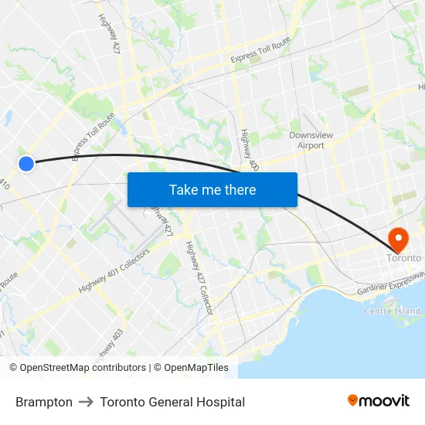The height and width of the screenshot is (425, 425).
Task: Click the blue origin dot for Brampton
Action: coord(26,163)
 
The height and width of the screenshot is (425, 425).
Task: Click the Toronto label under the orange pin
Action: coord(404,258)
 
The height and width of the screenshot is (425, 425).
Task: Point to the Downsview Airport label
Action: coord(307,140)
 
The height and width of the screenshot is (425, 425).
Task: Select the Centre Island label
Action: coord(392,311)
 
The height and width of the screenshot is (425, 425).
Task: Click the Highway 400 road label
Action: coord(249,149)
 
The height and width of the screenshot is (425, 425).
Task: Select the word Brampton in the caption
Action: coord(44,402)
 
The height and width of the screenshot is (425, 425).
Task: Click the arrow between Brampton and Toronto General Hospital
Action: coord(86,402)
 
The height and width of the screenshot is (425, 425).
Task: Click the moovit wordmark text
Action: coord(384,400)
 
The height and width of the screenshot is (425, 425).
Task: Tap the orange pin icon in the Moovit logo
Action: coord(352,400)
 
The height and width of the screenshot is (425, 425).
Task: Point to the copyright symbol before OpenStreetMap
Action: coord(14,368)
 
